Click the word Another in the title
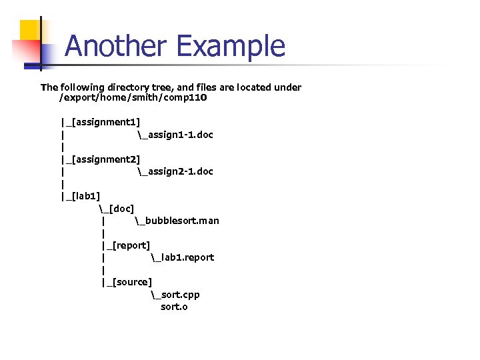click(117, 47)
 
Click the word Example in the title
click(231, 47)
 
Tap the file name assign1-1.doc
click(179, 135)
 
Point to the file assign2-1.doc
click(179, 171)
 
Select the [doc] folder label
click(120, 209)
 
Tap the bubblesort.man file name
click(182, 221)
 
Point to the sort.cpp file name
click(179, 295)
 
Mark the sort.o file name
click(174, 307)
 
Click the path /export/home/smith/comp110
click(133, 98)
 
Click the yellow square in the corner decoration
click(31, 31)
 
